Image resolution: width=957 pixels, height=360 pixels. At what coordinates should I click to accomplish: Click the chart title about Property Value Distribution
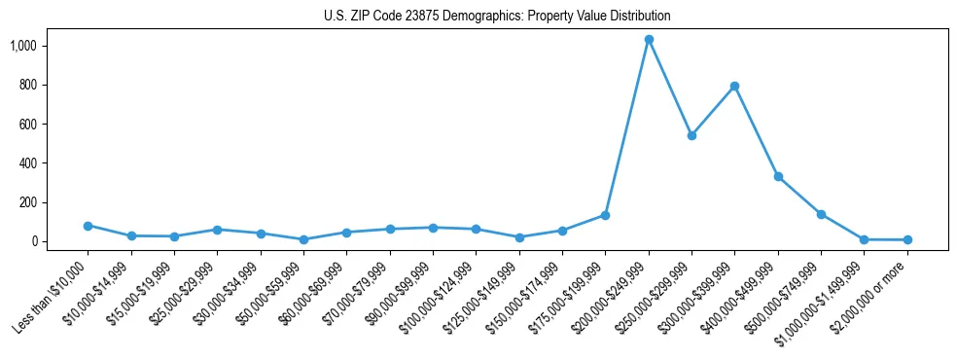click(497, 17)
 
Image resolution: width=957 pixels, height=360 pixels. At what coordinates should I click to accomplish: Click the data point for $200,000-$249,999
click(649, 40)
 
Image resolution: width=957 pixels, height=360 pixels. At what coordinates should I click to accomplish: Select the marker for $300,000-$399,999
click(734, 87)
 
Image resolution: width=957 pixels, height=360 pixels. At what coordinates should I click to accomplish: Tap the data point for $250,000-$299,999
click(691, 135)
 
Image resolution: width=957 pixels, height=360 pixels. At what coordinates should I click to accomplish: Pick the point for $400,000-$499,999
click(778, 176)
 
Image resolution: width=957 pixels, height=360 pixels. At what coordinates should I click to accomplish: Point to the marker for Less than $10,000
click(88, 226)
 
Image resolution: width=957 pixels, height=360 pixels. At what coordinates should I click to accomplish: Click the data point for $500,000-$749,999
click(821, 214)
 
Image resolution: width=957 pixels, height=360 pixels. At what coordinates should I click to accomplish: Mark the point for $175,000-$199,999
click(605, 215)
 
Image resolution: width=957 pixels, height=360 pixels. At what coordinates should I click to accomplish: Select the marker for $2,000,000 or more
click(907, 239)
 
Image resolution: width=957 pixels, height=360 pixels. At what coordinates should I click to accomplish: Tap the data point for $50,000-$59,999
click(303, 239)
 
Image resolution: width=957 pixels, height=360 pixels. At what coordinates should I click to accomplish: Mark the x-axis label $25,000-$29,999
click(181, 292)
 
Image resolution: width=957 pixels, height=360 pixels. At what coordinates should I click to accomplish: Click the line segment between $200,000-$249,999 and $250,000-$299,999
click(670, 88)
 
